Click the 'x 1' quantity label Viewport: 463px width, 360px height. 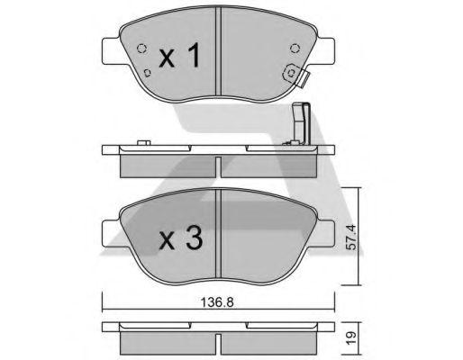[x=178, y=58]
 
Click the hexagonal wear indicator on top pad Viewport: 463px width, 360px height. [x=290, y=76]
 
